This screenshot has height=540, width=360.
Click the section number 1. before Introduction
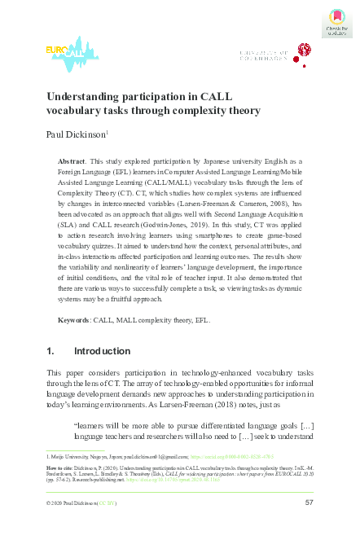click(x=52, y=352)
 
